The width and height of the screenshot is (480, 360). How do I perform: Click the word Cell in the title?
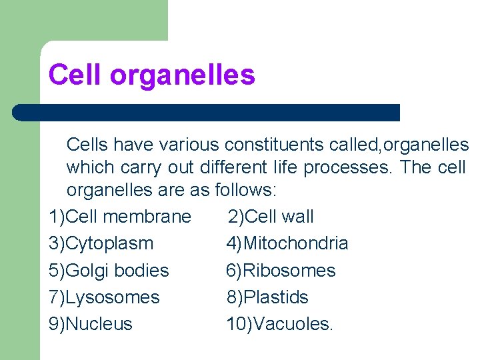coord(75,75)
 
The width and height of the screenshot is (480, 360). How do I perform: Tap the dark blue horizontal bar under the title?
coord(207,112)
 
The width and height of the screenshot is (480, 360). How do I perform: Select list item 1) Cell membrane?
coord(120,217)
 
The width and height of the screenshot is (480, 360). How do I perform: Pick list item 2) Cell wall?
coord(271,217)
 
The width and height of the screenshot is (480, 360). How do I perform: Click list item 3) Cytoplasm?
coord(101,244)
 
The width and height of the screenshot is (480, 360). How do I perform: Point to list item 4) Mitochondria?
coord(287,244)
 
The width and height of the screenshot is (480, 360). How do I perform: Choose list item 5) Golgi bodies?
coord(109,271)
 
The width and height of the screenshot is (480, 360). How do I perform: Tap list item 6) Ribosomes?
coord(281,271)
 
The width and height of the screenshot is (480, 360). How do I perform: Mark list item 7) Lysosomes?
coord(104,297)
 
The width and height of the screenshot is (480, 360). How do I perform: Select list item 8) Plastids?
coord(267,297)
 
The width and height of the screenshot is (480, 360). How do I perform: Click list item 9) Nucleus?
coord(91,325)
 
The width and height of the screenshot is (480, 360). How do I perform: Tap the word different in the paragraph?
coord(239,167)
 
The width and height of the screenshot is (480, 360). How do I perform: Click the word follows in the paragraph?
coord(243,190)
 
